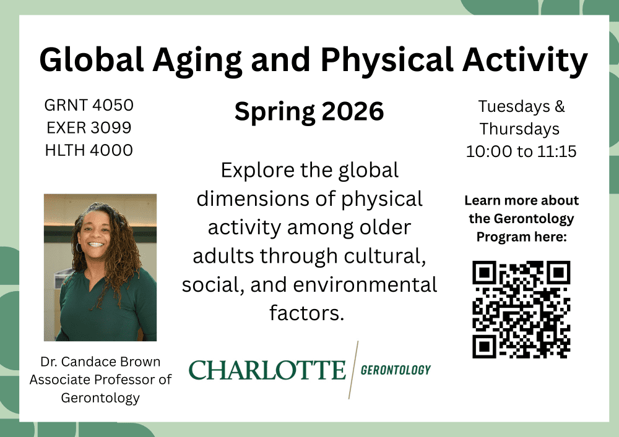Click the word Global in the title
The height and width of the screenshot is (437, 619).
(x=91, y=59)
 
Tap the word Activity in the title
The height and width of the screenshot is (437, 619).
(x=525, y=61)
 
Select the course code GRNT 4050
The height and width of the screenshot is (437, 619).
(x=89, y=105)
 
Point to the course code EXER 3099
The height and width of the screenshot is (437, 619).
(x=89, y=128)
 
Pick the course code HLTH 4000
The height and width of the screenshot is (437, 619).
(x=89, y=150)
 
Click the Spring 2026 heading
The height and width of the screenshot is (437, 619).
(x=309, y=112)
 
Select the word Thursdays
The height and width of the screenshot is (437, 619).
(x=519, y=129)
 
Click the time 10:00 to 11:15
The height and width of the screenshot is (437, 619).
(x=521, y=151)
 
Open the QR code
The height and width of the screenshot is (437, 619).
(x=521, y=309)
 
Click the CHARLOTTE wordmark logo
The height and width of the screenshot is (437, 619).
(x=267, y=370)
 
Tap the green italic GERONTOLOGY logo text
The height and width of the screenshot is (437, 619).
(x=396, y=370)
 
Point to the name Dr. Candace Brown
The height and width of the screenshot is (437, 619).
(x=100, y=362)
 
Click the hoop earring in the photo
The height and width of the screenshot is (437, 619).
(x=79, y=247)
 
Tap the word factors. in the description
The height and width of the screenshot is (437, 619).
(x=307, y=313)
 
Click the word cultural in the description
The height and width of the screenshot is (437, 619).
(x=385, y=257)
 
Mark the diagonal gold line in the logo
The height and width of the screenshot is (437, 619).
(x=353, y=370)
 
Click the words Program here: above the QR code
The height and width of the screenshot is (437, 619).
(x=521, y=237)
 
